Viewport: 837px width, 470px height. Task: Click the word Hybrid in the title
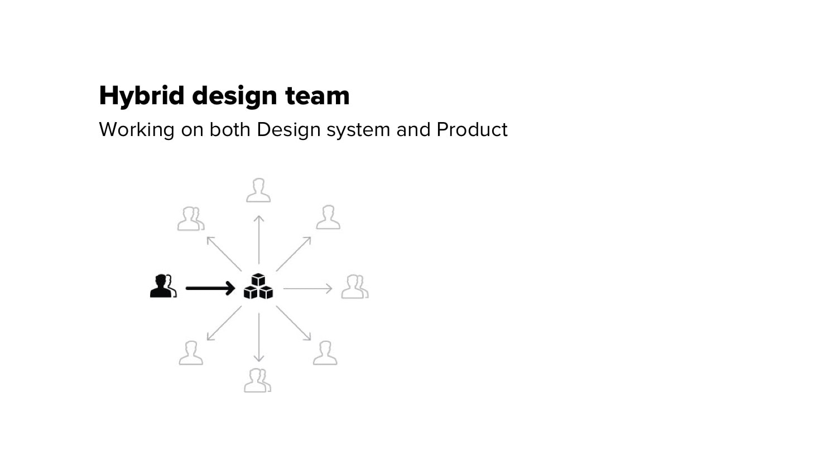pyautogui.click(x=142, y=96)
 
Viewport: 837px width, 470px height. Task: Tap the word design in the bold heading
pyautogui.click(x=234, y=96)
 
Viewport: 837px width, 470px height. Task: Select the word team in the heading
pyautogui.click(x=318, y=96)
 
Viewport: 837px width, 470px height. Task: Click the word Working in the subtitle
pyautogui.click(x=137, y=130)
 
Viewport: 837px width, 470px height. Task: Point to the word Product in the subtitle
pyautogui.click(x=472, y=129)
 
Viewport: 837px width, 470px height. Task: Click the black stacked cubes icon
pyautogui.click(x=258, y=287)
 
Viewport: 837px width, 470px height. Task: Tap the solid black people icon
pyautogui.click(x=163, y=286)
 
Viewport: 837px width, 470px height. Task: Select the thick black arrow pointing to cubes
pyautogui.click(x=210, y=288)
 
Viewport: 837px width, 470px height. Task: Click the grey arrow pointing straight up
pyautogui.click(x=259, y=240)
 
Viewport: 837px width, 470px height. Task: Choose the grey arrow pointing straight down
pyautogui.click(x=259, y=337)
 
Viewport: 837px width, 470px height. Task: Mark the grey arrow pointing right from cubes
pyautogui.click(x=308, y=289)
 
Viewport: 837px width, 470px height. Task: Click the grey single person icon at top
pyautogui.click(x=258, y=190)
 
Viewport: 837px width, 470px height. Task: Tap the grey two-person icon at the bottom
pyautogui.click(x=257, y=380)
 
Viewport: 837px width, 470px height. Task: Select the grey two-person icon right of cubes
pyautogui.click(x=355, y=287)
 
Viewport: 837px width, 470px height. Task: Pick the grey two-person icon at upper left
pyautogui.click(x=191, y=219)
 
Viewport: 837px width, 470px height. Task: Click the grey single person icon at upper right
pyautogui.click(x=329, y=217)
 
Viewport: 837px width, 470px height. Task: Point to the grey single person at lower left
pyautogui.click(x=191, y=353)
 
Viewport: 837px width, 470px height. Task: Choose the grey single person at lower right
pyautogui.click(x=325, y=353)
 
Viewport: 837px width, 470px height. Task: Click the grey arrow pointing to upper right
pyautogui.click(x=294, y=254)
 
